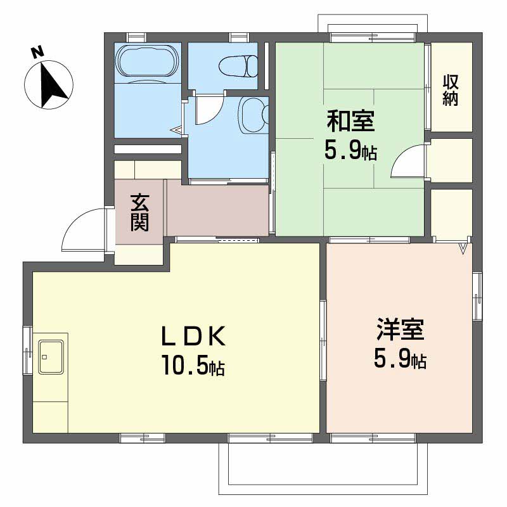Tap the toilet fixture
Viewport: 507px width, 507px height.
click(238, 67)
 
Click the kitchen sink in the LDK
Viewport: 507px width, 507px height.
click(51, 357)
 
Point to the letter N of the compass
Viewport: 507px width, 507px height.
click(37, 53)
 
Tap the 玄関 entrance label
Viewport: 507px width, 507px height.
click(139, 212)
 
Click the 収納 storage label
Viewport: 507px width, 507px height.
click(451, 90)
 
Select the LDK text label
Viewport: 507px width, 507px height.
click(193, 337)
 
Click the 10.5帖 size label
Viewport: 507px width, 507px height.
click(193, 366)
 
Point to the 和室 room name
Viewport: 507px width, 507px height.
click(350, 121)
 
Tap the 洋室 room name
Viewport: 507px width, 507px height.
click(400, 330)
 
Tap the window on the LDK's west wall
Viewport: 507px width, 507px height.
click(27, 351)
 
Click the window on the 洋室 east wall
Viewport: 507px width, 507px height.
click(477, 296)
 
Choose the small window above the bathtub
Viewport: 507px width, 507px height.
click(136, 37)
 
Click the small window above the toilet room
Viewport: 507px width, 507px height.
click(240, 37)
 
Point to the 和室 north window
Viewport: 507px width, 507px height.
click(372, 37)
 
